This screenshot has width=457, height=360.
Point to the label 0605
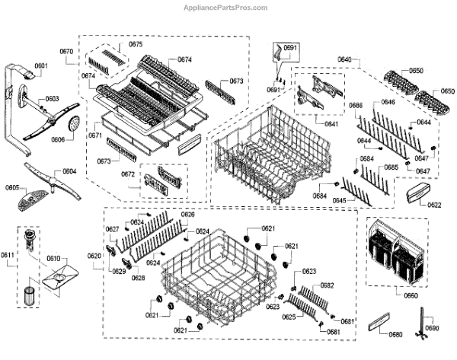tap(12, 186)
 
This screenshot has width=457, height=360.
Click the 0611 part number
tap(7, 253)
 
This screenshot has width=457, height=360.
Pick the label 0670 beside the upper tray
tap(66, 51)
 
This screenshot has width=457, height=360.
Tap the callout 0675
tap(136, 45)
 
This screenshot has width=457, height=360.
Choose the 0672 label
tap(128, 174)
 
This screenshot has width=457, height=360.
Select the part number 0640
tap(344, 59)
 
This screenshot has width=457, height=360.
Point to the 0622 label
tap(434, 205)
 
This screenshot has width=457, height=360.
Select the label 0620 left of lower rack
tap(94, 256)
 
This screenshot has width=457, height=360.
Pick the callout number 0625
tap(288, 317)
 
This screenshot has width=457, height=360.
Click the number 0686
tap(356, 104)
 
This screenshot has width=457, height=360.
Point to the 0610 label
tap(53, 259)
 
